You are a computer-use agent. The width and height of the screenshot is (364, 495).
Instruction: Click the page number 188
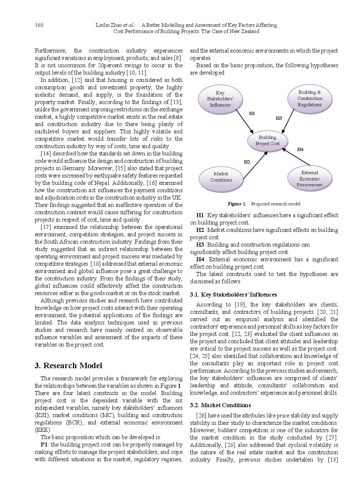(39, 25)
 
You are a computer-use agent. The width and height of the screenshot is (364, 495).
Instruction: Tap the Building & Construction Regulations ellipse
(310, 98)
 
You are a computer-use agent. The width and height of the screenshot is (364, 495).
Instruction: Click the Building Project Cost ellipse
(267, 141)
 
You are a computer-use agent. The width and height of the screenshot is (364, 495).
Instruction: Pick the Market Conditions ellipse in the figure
(221, 177)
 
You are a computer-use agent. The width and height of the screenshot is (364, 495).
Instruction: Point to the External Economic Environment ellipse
(309, 179)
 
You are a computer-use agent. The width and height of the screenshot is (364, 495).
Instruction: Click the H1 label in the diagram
(252, 114)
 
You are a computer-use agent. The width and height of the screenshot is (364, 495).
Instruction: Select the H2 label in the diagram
(247, 162)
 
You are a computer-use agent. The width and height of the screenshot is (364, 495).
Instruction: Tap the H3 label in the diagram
(279, 118)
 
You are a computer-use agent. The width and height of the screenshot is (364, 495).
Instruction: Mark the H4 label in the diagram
(300, 149)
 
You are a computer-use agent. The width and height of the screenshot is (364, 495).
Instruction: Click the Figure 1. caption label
(237, 204)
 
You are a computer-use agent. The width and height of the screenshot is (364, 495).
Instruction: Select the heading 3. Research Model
(68, 366)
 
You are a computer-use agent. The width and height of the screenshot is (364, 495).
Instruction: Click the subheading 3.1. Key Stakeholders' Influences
(233, 295)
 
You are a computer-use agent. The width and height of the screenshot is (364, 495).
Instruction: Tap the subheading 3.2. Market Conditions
(220, 405)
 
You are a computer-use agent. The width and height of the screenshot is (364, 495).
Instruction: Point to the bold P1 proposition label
(44, 445)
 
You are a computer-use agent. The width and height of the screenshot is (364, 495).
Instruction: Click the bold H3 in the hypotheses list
(200, 245)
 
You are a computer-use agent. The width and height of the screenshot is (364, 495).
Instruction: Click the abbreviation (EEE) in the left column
(43, 430)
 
